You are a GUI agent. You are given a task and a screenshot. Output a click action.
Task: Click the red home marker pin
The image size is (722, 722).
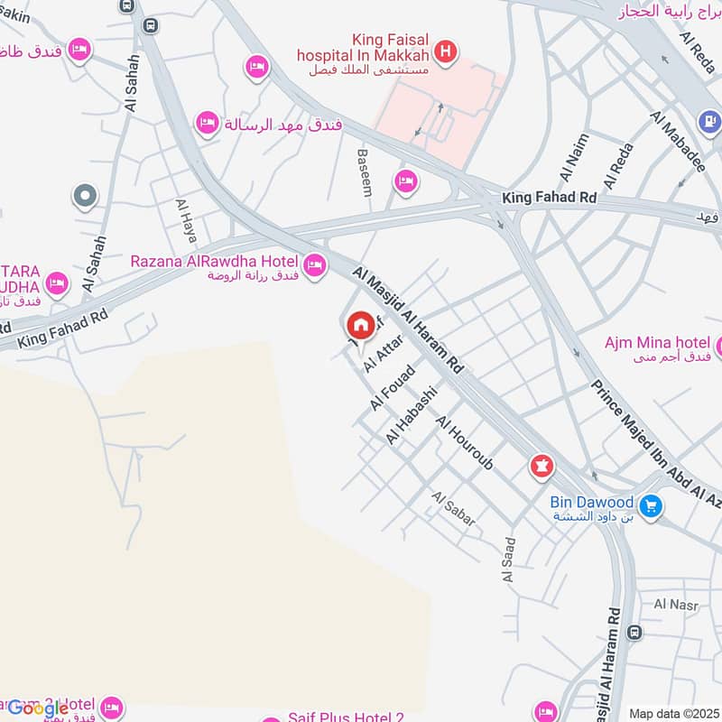click(x=361, y=326)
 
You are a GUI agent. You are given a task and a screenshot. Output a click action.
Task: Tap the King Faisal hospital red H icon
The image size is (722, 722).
click(x=444, y=53)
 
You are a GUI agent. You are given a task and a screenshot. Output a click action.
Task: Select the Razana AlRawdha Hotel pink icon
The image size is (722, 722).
click(x=314, y=265)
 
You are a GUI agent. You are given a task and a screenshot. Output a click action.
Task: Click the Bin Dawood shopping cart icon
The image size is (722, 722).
click(x=649, y=507)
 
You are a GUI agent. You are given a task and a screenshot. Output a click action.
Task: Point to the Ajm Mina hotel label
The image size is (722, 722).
click(x=657, y=343)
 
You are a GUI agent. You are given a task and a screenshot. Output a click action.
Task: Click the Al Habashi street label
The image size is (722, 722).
click(x=412, y=415)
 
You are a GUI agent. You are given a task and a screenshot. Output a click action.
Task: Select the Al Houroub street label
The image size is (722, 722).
click(x=465, y=443)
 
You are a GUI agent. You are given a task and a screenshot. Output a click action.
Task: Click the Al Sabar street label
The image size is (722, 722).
click(x=453, y=510)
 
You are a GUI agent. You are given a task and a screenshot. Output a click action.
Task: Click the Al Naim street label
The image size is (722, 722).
click(x=573, y=156)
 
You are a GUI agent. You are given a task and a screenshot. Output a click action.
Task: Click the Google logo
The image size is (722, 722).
click(x=37, y=708)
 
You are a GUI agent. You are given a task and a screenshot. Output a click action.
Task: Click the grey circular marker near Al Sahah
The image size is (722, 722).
click(x=86, y=196)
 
